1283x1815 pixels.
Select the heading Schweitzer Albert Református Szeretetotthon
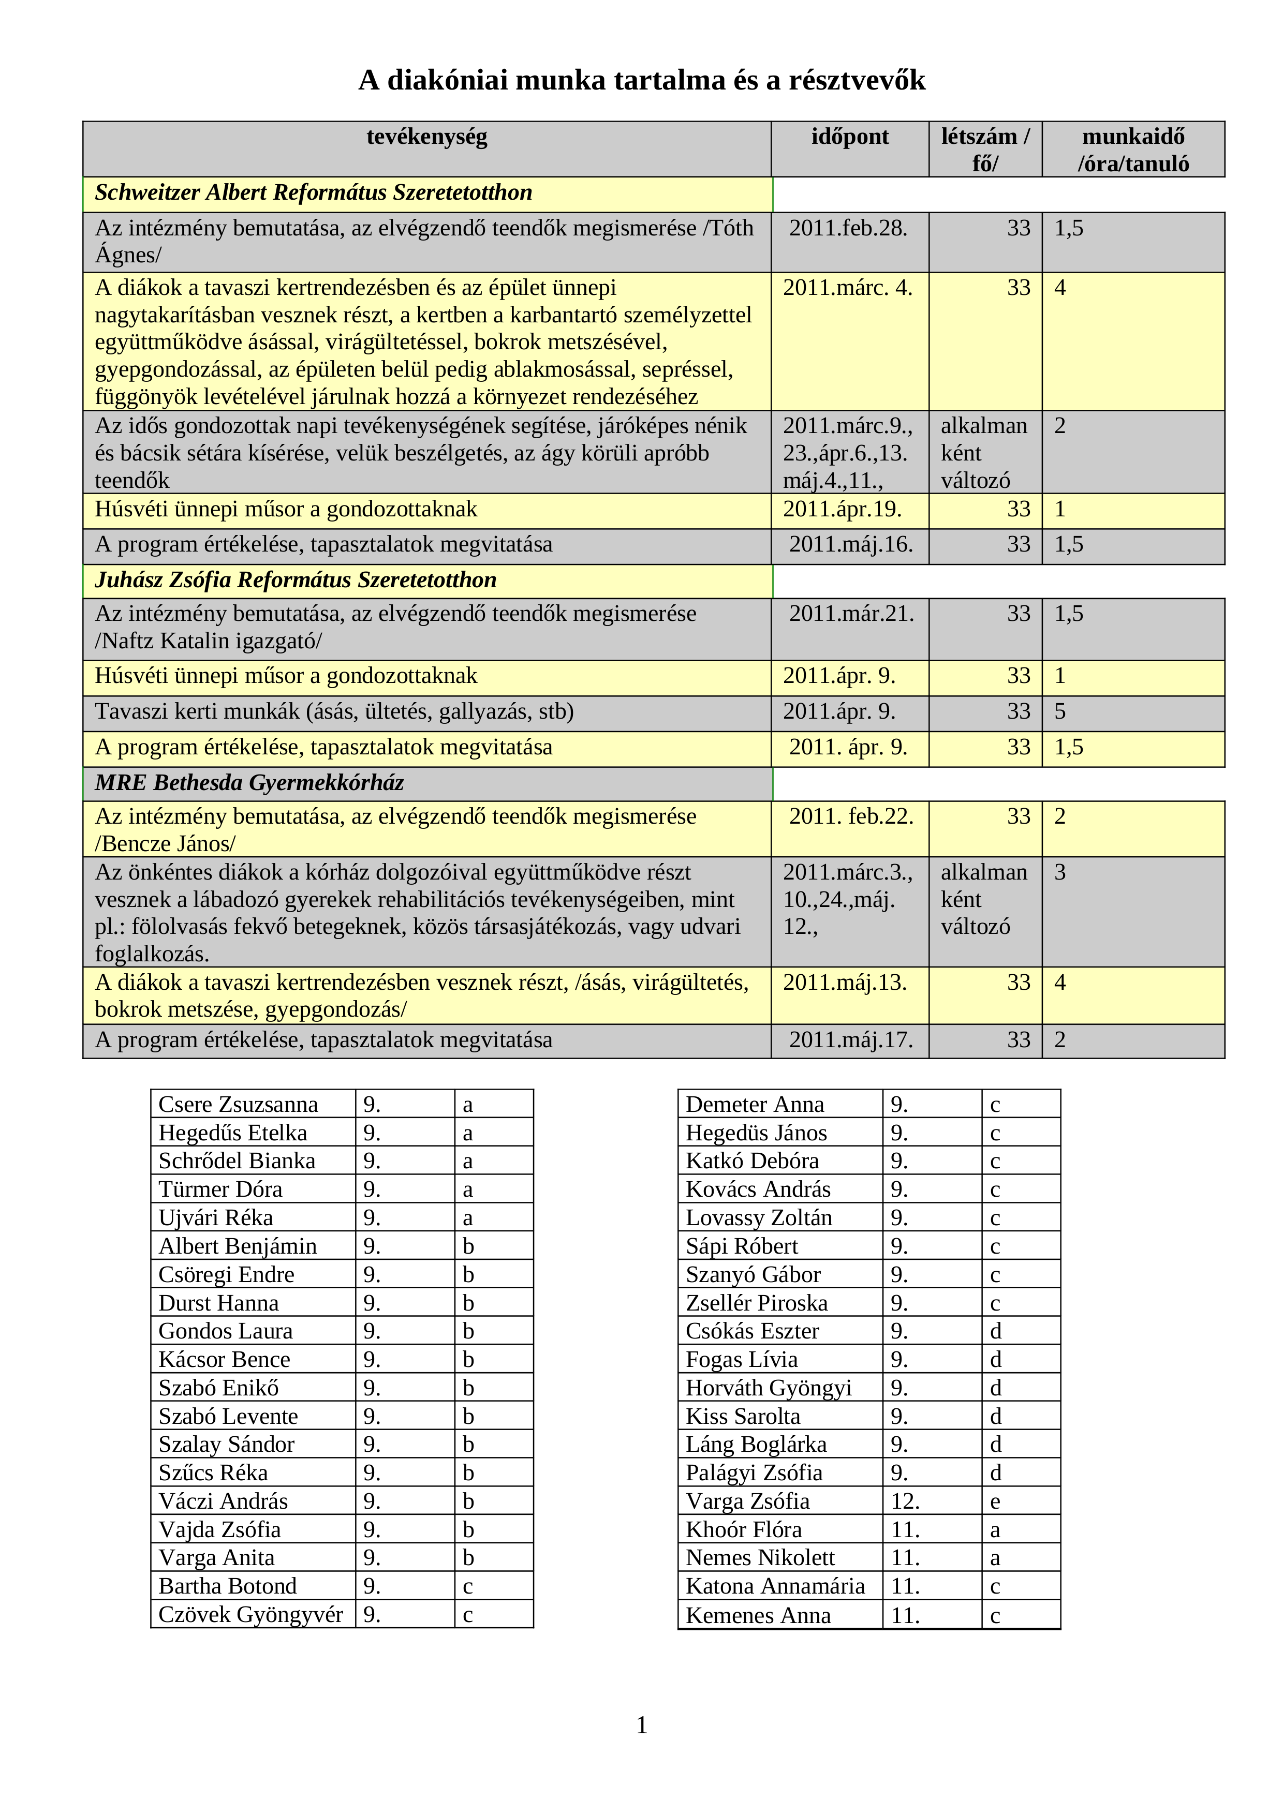313,193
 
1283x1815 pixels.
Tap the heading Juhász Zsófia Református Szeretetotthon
296,580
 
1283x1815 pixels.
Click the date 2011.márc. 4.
847,288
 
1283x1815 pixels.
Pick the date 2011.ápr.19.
842,509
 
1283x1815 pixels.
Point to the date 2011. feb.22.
851,816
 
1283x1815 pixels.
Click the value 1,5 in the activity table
1069,747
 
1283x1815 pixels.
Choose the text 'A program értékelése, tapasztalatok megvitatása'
323,747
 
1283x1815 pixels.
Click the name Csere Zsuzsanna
238,1104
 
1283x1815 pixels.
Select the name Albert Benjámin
237,1246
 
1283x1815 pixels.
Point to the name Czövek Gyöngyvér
250,1614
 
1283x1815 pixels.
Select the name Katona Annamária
775,1586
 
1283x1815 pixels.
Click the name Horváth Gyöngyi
769,1388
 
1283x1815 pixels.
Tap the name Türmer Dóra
220,1189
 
